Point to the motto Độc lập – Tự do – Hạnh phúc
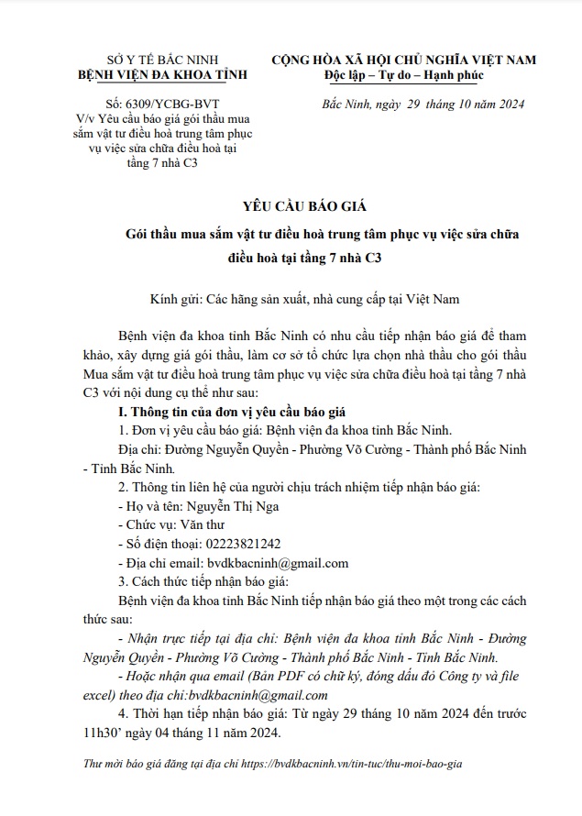coord(403,77)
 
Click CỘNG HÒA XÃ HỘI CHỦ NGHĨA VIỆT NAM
coord(403,61)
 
